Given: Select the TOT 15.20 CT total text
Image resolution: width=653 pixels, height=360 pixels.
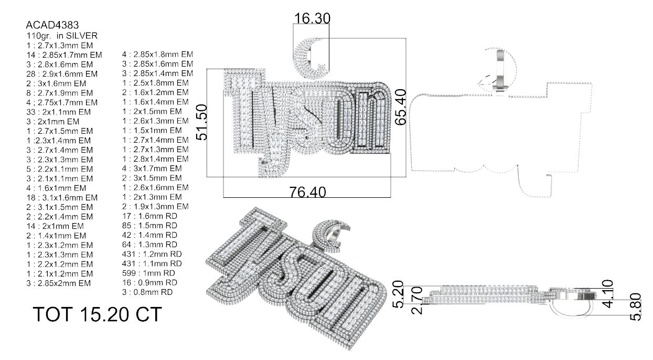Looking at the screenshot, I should (x=97, y=314).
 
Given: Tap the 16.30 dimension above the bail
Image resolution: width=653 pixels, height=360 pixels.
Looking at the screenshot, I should (x=312, y=19).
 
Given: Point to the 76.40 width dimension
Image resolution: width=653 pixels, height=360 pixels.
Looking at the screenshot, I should (x=307, y=192).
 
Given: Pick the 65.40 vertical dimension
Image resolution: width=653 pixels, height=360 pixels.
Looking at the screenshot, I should (x=401, y=107).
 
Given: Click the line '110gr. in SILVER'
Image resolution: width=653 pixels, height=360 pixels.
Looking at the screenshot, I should (x=62, y=35).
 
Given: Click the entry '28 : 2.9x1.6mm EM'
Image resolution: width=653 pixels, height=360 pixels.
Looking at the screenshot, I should (x=59, y=73).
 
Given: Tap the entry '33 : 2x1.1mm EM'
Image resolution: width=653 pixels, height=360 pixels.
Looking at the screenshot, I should (x=58, y=112).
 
